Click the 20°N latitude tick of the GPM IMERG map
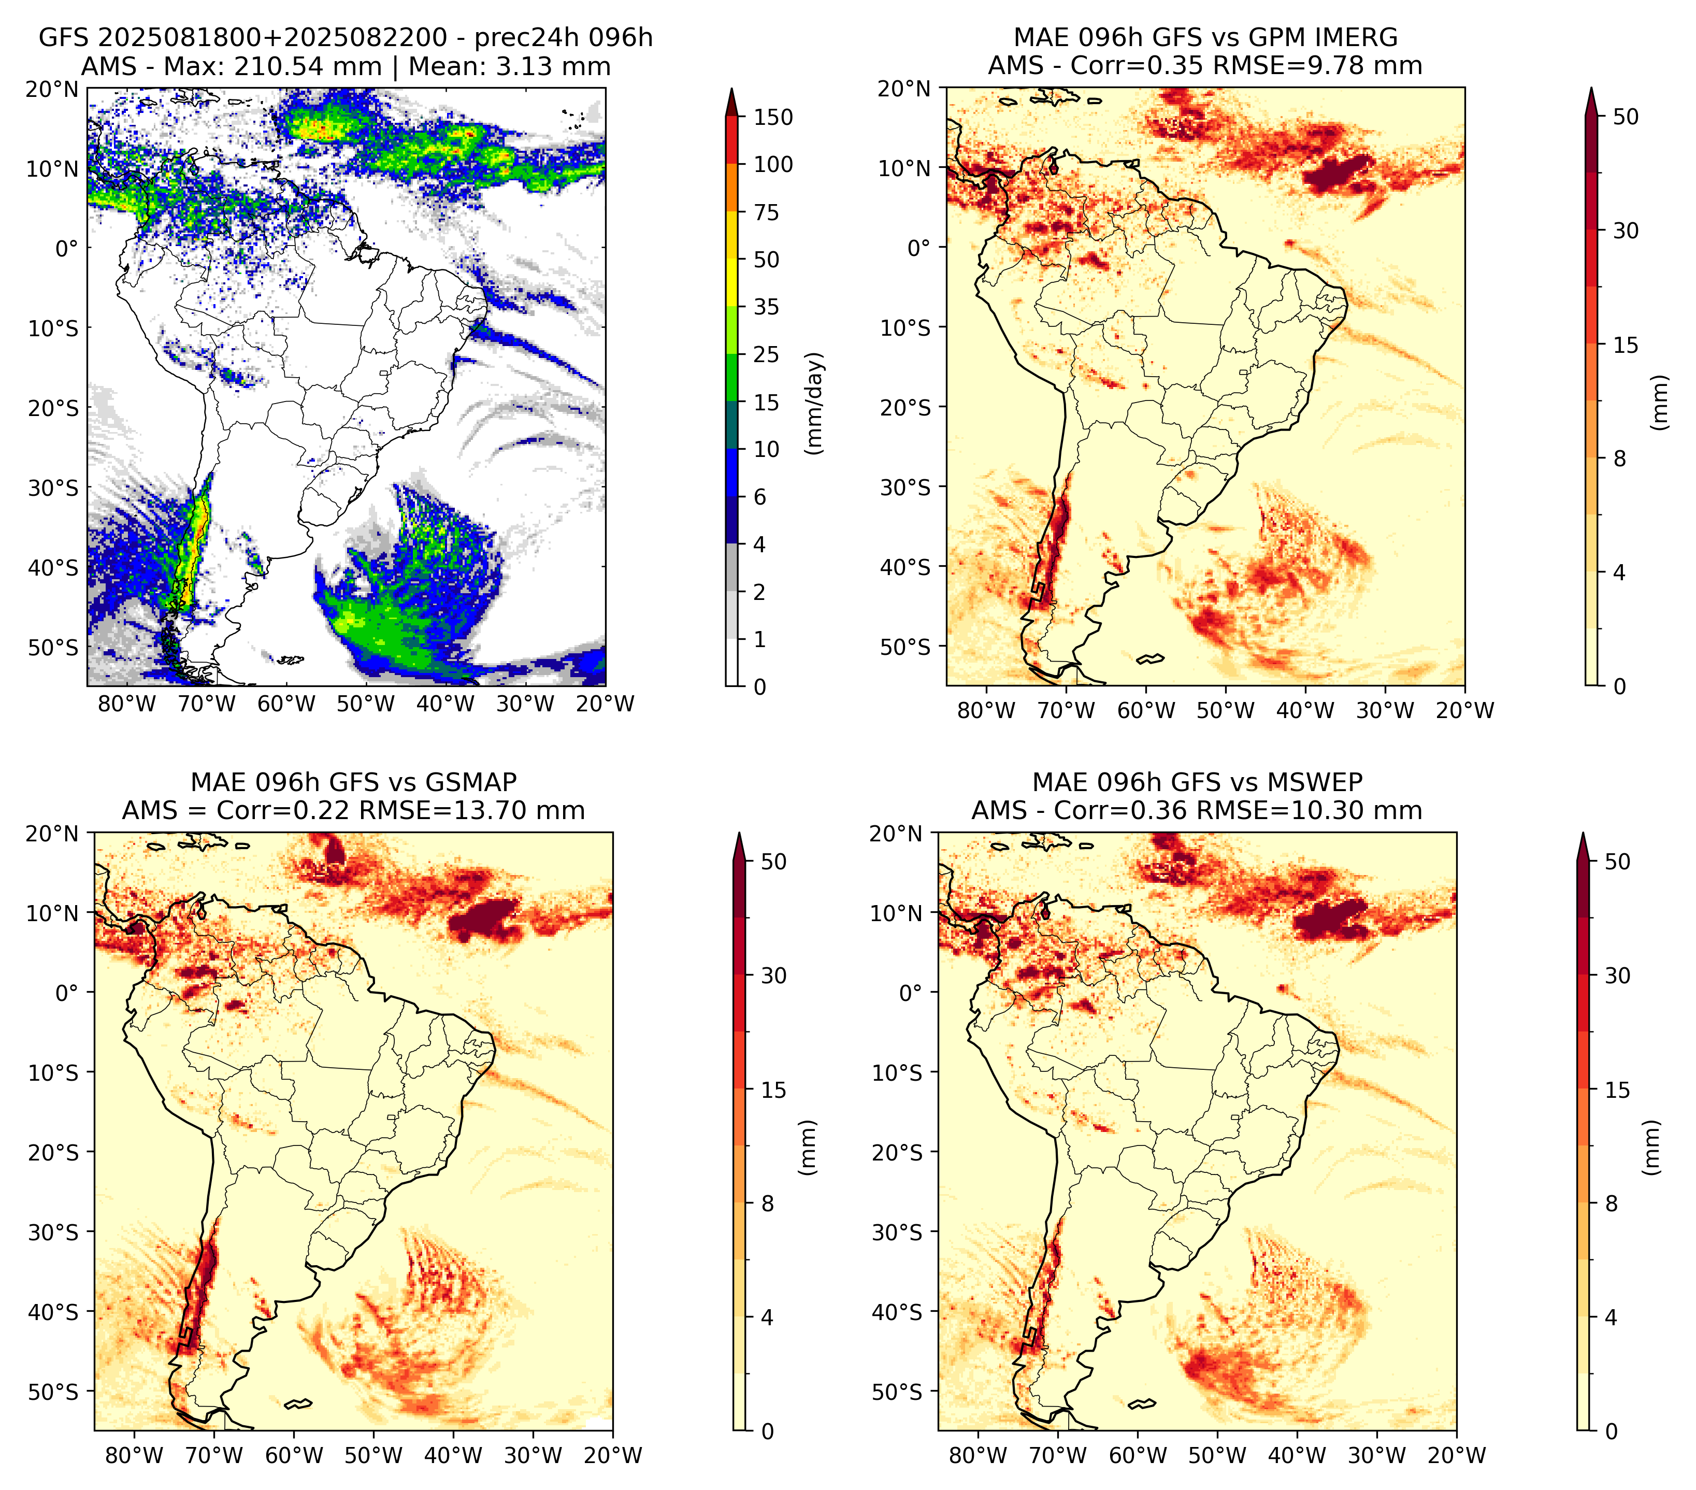pyautogui.click(x=906, y=88)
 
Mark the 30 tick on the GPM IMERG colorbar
pyautogui.click(x=1626, y=231)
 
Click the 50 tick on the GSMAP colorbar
pyautogui.click(x=773, y=861)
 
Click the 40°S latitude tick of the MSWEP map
pyautogui.click(x=897, y=1312)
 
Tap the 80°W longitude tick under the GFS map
pyautogui.click(x=127, y=704)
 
